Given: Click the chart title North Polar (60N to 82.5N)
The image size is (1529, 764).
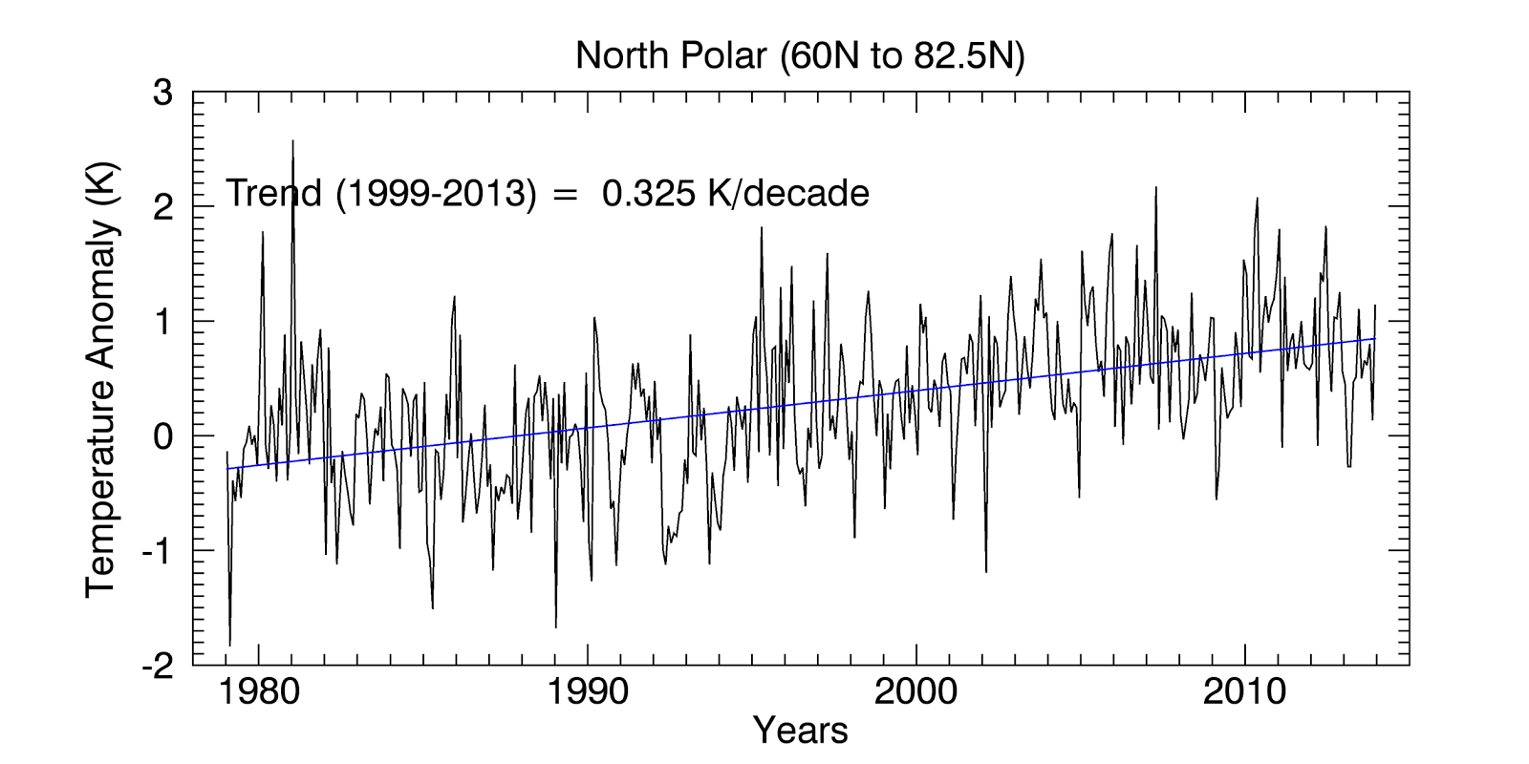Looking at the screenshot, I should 800,56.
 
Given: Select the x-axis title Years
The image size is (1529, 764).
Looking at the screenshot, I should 800,731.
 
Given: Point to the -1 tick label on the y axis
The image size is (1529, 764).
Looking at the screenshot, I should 157,551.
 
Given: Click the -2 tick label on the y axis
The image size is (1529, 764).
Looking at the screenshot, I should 157,666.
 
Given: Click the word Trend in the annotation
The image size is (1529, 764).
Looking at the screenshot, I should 273,194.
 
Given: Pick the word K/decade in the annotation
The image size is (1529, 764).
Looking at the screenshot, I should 788,194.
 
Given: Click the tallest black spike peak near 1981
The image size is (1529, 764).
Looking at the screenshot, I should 292,141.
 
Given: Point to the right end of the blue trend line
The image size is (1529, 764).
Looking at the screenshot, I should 1375,338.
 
